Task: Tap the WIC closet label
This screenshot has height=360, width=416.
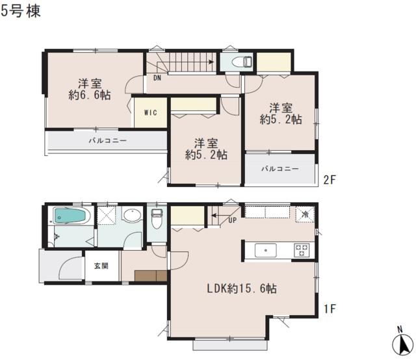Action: [149, 111]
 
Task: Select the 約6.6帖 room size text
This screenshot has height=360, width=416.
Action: [90, 95]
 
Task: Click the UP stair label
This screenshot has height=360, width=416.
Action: [231, 221]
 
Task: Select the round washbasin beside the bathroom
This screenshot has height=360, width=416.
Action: [133, 216]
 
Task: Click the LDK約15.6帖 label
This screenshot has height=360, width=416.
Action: [242, 288]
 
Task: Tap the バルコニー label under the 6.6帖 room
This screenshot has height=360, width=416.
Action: [107, 140]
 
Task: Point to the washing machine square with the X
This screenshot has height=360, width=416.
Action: [106, 214]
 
